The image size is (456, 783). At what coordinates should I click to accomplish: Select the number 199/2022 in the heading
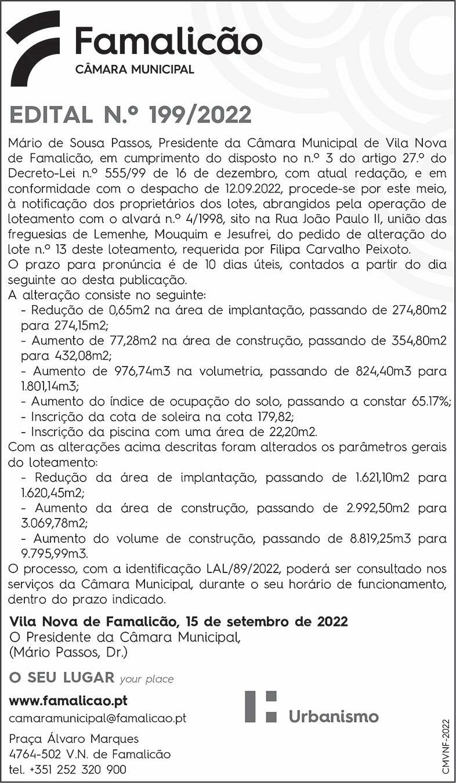[200, 115]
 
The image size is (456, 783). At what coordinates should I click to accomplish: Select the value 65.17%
[426, 401]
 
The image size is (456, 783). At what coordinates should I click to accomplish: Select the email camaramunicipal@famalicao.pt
[97, 718]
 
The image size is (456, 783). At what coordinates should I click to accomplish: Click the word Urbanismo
[333, 716]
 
